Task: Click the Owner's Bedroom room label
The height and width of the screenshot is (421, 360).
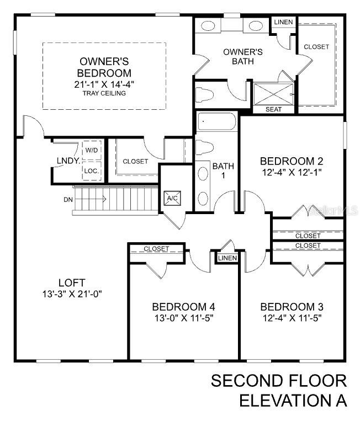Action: [105, 67]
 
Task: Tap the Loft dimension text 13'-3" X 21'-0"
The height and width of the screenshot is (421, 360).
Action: [72, 294]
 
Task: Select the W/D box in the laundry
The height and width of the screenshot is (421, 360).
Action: [91, 150]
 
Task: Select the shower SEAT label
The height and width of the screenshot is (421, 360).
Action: [273, 109]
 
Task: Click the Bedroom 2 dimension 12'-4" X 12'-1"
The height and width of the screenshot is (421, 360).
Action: [291, 172]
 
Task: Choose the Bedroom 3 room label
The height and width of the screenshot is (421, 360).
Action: [292, 307]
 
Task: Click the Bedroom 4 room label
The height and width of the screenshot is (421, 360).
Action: [183, 307]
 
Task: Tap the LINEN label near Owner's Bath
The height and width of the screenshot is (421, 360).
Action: [283, 22]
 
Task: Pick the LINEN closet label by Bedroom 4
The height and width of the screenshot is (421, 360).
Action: [227, 258]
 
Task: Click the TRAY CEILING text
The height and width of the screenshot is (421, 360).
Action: [105, 93]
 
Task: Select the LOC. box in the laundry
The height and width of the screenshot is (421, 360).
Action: [91, 171]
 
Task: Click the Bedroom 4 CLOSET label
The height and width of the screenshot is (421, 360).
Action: [156, 249]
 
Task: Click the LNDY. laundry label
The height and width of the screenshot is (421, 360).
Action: [68, 161]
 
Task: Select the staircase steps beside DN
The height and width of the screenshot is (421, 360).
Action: [116, 199]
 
